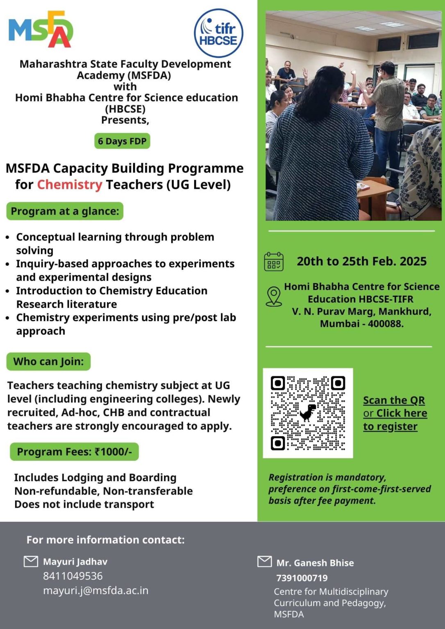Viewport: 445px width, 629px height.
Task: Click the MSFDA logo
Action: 41,29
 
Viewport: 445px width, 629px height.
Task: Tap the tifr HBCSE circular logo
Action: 218,33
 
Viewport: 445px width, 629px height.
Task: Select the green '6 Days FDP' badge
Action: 122,141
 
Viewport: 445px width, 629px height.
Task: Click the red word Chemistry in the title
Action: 70,185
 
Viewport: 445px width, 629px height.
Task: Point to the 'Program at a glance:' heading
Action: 65,211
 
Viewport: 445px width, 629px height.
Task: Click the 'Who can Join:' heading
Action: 48,362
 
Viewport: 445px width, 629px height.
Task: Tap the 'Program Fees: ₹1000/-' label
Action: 74,452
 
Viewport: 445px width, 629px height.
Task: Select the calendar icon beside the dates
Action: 274,262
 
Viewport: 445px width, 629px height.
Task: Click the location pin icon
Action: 274,296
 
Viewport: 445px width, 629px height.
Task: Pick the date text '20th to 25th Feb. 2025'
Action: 361,261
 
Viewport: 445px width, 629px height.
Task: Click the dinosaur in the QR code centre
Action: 308,413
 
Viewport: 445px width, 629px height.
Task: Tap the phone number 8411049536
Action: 73,576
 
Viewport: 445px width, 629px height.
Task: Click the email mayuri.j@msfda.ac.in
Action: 95,591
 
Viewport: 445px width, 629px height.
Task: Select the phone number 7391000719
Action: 302,578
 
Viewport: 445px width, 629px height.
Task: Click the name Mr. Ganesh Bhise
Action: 315,563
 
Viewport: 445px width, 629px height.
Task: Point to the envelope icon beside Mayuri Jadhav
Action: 31,561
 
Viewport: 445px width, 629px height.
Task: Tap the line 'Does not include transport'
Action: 84,504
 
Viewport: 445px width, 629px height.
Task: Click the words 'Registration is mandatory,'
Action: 327,477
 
